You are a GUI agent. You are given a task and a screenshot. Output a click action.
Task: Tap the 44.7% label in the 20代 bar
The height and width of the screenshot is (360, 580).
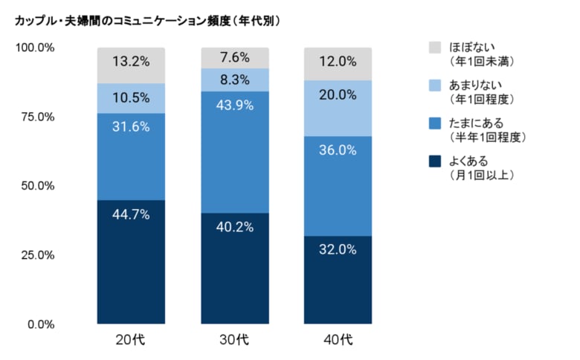click(x=132, y=215)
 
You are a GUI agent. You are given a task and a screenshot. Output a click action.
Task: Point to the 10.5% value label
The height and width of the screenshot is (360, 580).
click(x=132, y=98)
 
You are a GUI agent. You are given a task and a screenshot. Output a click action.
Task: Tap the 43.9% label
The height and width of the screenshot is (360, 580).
click(x=235, y=106)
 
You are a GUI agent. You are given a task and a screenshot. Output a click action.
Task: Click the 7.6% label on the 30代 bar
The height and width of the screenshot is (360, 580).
click(x=235, y=57)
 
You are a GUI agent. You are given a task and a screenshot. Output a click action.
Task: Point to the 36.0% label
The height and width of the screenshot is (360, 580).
click(x=338, y=150)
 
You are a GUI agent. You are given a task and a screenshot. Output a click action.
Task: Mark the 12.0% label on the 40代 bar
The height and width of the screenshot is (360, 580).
click(x=338, y=62)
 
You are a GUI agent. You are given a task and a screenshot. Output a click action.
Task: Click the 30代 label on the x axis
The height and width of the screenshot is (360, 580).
click(x=235, y=341)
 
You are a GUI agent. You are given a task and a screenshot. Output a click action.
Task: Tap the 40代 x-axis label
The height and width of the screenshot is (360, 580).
click(x=338, y=341)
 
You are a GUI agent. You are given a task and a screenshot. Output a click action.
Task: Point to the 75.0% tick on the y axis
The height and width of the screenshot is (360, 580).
click(x=35, y=117)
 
